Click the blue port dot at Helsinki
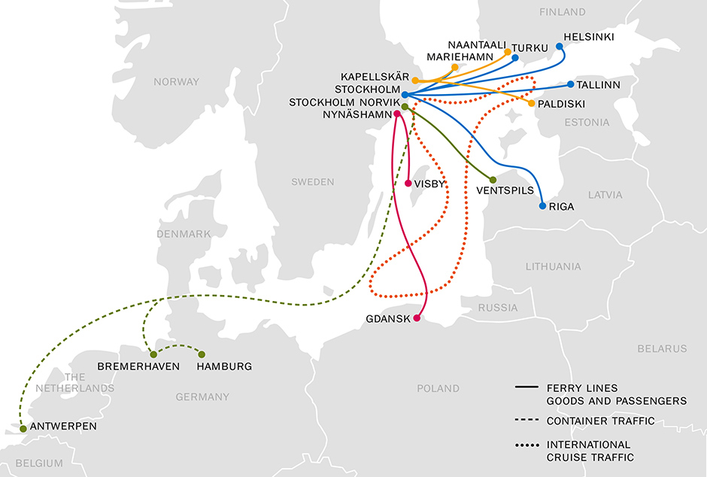pos(560,47)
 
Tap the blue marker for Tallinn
pos(571,84)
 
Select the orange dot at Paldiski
pos(533,103)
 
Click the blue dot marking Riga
pos(542,205)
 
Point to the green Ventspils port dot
pos(493,180)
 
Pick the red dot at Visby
pos(408,183)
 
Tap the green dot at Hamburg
pos(202,354)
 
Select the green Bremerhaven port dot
pos(153,354)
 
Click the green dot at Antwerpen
pos(23,429)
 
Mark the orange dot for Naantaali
pos(508,52)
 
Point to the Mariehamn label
pos(460,57)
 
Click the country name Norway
pos(176,81)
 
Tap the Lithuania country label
pos(554,266)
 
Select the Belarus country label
pos(662,348)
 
